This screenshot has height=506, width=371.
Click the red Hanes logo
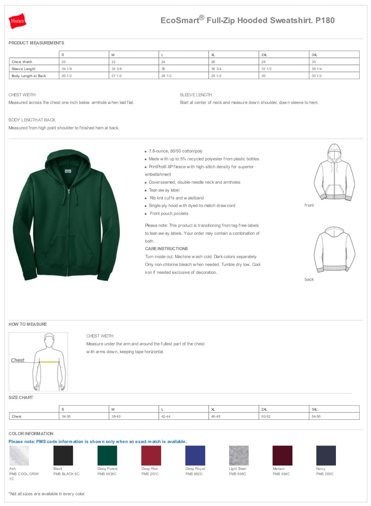click(x=17, y=21)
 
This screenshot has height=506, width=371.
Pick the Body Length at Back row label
click(x=29, y=76)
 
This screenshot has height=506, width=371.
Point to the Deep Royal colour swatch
click(x=195, y=455)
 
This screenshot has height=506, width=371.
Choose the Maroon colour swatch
click(x=282, y=455)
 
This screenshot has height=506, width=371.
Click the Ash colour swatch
click(x=19, y=455)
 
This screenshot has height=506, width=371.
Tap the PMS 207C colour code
click(x=150, y=474)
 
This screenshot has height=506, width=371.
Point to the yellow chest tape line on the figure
click(x=49, y=362)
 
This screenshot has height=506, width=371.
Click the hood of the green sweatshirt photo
click(x=68, y=161)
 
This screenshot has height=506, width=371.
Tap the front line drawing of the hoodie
click(x=334, y=172)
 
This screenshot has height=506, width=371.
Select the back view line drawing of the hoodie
click(x=334, y=249)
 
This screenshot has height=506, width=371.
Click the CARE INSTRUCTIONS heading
click(x=166, y=249)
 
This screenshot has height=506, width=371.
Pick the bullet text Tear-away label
click(x=164, y=190)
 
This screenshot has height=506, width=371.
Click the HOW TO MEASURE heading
click(x=28, y=324)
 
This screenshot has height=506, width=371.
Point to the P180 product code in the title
click(x=325, y=20)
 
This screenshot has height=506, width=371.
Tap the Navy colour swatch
click(x=326, y=455)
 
